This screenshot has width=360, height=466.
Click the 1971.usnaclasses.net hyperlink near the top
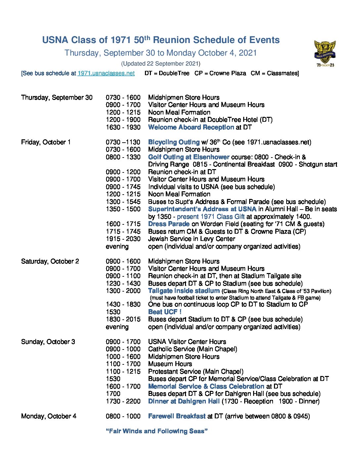tap(106, 73)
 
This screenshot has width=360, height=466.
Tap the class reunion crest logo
tap(325, 53)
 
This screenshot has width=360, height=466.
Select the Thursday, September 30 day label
tap(57, 97)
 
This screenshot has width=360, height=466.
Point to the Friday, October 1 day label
tap(46, 142)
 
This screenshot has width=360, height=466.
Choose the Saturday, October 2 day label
tap(50, 261)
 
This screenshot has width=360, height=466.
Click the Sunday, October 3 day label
tap(48, 342)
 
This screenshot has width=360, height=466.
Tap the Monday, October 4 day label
tap(49, 416)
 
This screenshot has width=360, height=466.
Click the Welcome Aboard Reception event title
tap(191, 127)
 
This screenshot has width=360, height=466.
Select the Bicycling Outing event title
tap(174, 142)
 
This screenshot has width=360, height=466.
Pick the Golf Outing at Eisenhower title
tap(189, 157)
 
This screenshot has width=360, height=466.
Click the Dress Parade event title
tap(169, 224)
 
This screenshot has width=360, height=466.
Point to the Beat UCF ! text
tap(165, 312)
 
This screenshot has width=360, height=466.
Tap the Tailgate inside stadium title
tap(184, 291)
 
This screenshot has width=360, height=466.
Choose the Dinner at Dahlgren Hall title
tap(184, 401)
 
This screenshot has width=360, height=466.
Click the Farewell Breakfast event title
tap(177, 416)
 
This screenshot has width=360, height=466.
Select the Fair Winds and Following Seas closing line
tap(157, 431)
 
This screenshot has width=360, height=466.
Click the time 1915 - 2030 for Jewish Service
tap(123, 239)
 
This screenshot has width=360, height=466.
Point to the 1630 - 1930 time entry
tap(123, 127)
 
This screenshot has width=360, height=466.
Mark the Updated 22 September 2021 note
tap(160, 64)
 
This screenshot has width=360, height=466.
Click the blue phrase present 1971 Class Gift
tap(211, 216)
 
